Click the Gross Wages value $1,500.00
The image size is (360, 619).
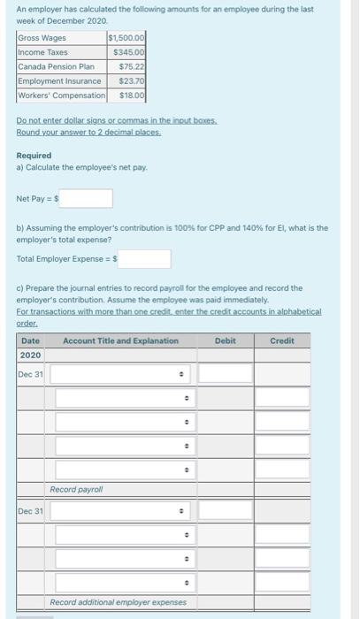pos(126,38)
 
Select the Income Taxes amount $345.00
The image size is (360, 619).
pos(129,52)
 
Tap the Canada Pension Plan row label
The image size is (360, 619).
pos(56,66)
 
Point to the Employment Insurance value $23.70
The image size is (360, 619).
pos(132,80)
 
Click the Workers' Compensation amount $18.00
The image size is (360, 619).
pos(132,95)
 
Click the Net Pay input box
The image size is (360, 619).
pos(86,199)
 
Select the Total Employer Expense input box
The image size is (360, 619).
pos(141,259)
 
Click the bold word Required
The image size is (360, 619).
pos(34,155)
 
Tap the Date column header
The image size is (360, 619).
pos(30,340)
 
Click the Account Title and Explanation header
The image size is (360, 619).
pos(120,340)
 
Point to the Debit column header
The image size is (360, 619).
pos(225,340)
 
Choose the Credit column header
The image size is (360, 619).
pos(282,340)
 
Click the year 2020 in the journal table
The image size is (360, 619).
pos(30,355)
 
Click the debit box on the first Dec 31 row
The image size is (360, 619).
pos(225,374)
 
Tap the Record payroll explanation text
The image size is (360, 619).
pos(76,489)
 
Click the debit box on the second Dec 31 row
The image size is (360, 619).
pos(225,511)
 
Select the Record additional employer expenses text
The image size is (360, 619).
pos(118,602)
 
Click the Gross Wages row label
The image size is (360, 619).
pos(42,38)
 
